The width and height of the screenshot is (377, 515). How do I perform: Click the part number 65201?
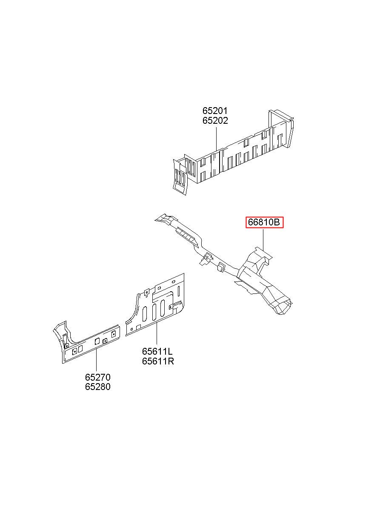[215, 111]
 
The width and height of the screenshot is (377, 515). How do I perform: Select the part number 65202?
[215, 121]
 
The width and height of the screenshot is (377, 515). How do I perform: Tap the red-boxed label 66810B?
[264, 222]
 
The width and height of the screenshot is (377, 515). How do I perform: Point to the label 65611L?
[157, 352]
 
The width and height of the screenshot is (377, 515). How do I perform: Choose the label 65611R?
[158, 361]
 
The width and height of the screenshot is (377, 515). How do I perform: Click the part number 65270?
[97, 377]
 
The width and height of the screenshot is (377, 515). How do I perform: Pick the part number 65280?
[97, 387]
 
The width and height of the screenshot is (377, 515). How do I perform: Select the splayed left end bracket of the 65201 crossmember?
[181, 176]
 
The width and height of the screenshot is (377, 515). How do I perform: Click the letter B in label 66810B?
[277, 222]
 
